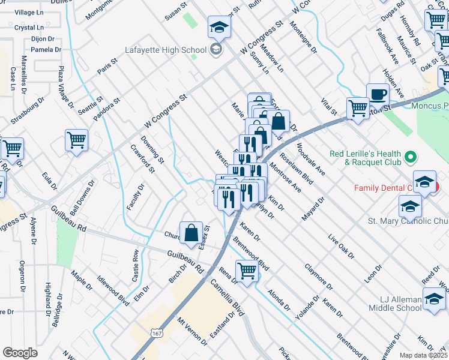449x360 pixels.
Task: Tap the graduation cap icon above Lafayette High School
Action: coord(220,27)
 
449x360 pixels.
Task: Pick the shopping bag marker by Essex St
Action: coord(191,232)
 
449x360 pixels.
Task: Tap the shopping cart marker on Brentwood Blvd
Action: coord(247,271)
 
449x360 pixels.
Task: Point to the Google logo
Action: coord(20,353)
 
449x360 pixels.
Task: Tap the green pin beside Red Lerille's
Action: coord(410,158)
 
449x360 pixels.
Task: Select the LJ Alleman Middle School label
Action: coord(400,304)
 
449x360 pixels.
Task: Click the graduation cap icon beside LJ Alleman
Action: coord(434,299)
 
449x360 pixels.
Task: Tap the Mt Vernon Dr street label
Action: coord(191,331)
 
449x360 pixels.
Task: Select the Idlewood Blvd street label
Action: coord(113,290)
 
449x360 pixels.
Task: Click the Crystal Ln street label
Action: coord(29,28)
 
